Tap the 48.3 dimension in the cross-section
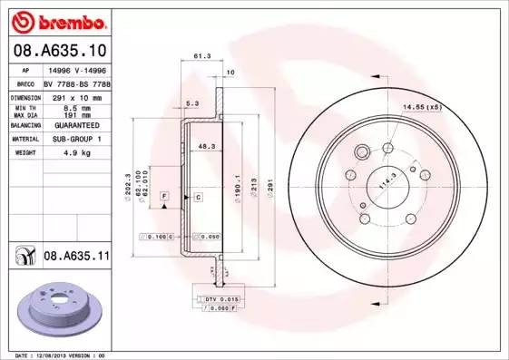[x=206, y=145]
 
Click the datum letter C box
[x=196, y=196]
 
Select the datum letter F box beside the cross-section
[x=164, y=196]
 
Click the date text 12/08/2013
[x=56, y=355]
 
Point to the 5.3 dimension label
[x=192, y=104]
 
